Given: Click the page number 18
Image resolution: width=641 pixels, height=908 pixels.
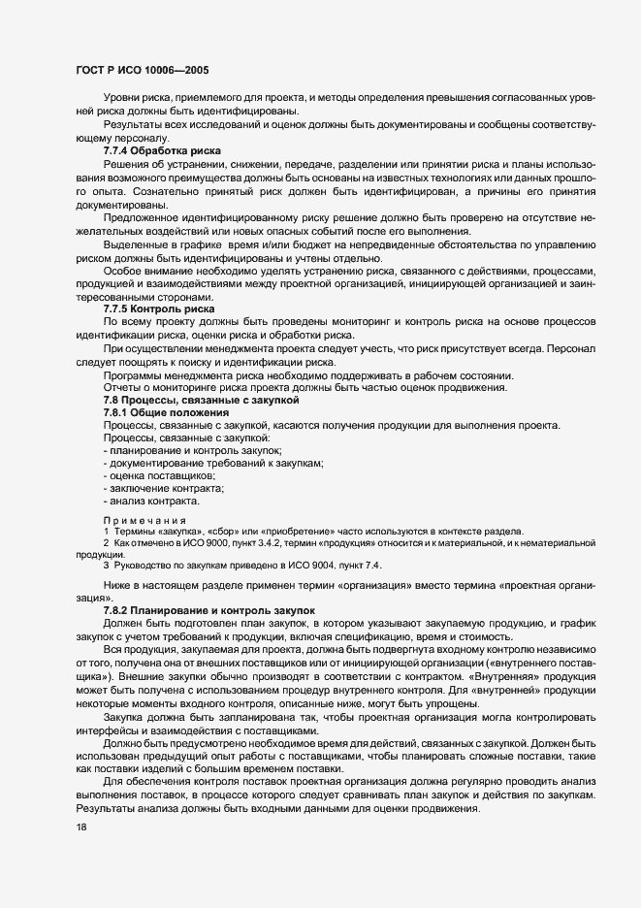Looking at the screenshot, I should (82, 827).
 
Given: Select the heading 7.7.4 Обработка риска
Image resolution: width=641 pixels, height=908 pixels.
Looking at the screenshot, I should (163, 151).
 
